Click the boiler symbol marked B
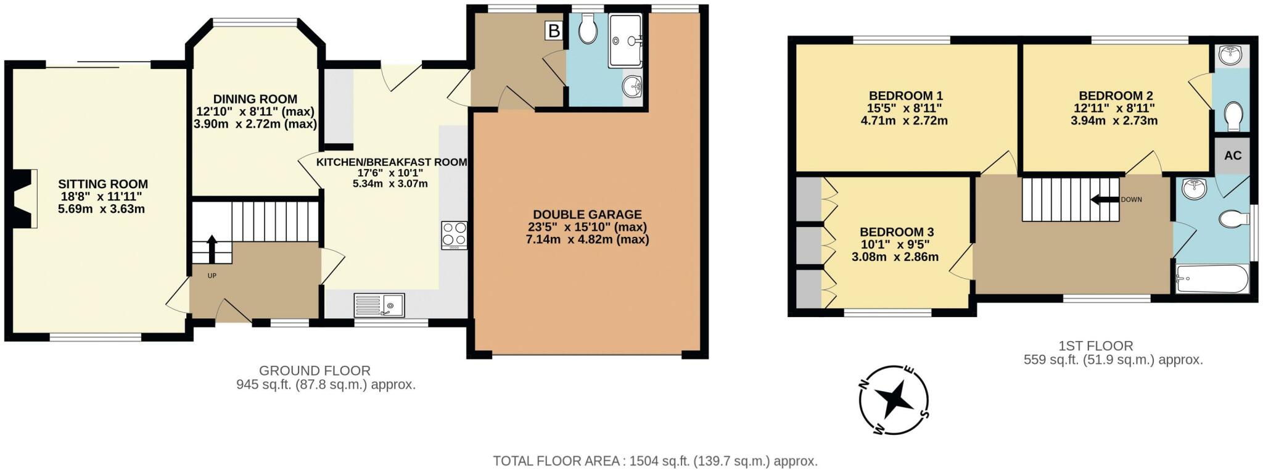pos(554,31)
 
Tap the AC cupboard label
pos(1232,155)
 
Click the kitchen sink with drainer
pos(379,304)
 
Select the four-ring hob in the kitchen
pos(454,235)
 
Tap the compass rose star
pos(894,400)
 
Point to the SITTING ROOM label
pos(103,184)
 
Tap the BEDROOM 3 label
pos(897,232)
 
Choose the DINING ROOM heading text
pos(255,99)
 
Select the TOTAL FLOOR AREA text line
pos(655,461)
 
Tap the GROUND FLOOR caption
pos(315,371)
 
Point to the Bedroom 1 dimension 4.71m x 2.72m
pos(904,121)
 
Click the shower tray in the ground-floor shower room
pos(625,41)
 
